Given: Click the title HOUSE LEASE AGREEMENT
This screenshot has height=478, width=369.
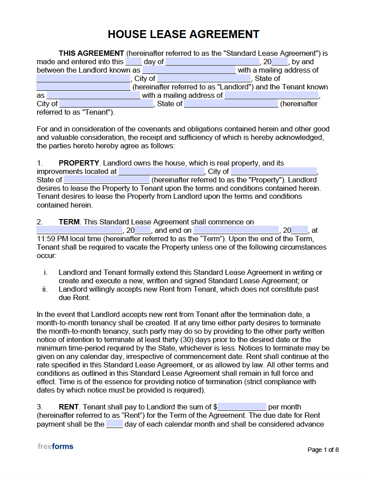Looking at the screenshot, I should [184, 35].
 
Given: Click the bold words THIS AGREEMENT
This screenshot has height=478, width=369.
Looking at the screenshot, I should [91, 53].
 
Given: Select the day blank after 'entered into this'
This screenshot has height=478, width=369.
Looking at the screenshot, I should [134, 62].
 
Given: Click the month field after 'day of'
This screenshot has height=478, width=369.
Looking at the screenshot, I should [212, 62].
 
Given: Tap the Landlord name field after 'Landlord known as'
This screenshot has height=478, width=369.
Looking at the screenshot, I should [189, 70].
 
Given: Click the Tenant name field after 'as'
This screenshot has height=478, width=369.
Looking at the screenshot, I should [93, 96].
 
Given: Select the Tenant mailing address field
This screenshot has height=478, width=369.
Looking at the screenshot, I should [272, 96].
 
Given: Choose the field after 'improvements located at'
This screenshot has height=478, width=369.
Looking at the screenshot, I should [161, 172].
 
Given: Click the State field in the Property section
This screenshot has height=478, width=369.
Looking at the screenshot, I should [107, 180].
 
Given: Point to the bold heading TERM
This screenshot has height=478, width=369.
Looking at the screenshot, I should [69, 222].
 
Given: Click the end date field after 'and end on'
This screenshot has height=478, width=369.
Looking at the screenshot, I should [236, 231].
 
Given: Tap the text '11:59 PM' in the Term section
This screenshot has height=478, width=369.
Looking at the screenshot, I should [50, 239].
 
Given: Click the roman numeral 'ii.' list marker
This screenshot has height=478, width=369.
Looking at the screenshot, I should [45, 289].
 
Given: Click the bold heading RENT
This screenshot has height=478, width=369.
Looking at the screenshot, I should [69, 407].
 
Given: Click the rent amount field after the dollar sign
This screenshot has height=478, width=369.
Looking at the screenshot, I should [242, 407].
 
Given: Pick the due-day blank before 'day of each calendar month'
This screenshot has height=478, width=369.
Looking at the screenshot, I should [115, 424].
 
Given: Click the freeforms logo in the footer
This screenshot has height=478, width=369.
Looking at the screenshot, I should [55, 446].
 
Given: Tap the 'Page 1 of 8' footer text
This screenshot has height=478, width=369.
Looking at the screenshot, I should [323, 450].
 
